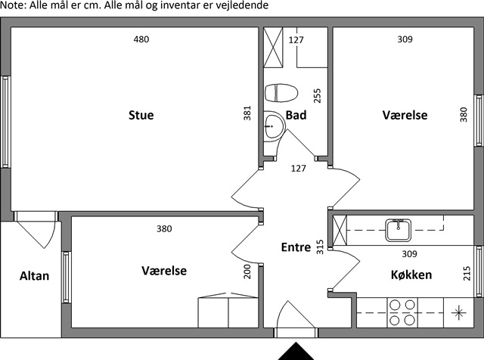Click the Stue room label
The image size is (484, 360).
click(x=141, y=115)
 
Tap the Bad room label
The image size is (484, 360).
click(x=296, y=115)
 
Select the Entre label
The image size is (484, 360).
click(x=296, y=247)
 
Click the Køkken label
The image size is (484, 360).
click(x=411, y=275)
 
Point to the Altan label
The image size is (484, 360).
click(x=34, y=276)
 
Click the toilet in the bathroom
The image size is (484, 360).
click(x=281, y=93)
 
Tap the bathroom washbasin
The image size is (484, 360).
click(x=274, y=126)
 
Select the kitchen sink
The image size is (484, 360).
click(x=399, y=231)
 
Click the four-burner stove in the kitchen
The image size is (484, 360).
click(x=402, y=313)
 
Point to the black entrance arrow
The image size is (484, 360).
click(x=296, y=352)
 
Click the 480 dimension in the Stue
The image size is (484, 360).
click(x=141, y=39)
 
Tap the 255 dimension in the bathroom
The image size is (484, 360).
click(x=317, y=96)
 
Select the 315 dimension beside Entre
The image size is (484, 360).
click(x=320, y=247)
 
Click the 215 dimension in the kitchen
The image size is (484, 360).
click(x=467, y=273)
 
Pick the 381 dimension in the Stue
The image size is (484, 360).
click(x=247, y=113)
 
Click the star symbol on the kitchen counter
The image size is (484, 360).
click(x=459, y=313)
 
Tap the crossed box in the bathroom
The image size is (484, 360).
click(x=273, y=47)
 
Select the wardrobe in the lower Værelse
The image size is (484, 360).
click(x=228, y=310)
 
